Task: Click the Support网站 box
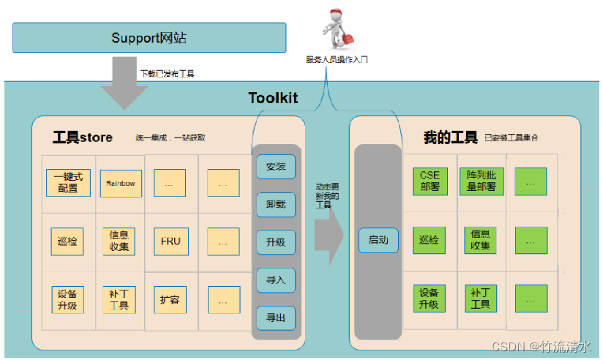coord(149,37)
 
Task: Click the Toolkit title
coord(273,98)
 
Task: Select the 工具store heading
coord(83,137)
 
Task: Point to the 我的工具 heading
coord(449,137)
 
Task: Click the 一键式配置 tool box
coord(68,183)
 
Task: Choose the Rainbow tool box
coord(120,183)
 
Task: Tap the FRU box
coord(170,241)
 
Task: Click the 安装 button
coord(276,167)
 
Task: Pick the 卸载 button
coord(276,204)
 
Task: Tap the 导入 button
coord(276,280)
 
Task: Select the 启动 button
coord(378,240)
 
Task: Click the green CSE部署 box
coord(430,181)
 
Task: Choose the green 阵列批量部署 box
coord(481,181)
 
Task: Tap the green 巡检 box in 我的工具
coord(430,240)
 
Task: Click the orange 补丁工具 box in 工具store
coord(119,299)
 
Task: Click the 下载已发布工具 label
coord(167,74)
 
